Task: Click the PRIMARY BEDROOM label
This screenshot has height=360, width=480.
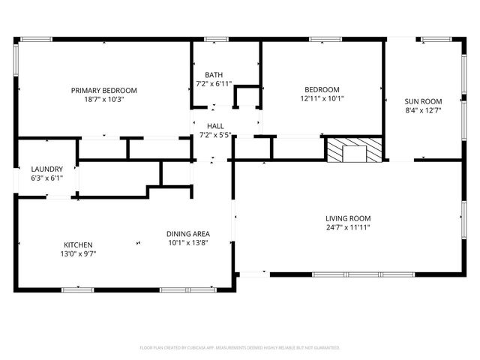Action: tap(103, 91)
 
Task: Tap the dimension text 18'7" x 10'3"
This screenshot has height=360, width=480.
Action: tap(103, 99)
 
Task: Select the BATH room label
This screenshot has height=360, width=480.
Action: tap(214, 75)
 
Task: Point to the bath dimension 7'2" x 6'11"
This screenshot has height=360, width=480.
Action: tap(214, 84)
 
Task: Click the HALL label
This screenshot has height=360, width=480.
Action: tap(215, 127)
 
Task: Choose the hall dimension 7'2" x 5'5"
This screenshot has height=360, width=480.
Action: tap(215, 136)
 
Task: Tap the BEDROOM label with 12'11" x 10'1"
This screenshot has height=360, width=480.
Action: tap(322, 89)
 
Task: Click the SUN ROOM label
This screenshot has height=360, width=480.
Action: tap(423, 101)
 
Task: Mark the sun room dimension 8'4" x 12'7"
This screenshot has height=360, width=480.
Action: tap(423, 110)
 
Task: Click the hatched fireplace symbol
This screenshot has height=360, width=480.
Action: tap(354, 148)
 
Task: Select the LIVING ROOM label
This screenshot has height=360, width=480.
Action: tap(348, 218)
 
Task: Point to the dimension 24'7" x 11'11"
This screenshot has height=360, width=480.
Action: tap(348, 227)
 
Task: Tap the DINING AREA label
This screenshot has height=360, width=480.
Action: tap(187, 234)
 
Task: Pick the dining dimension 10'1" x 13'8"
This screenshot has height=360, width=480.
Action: tap(187, 243)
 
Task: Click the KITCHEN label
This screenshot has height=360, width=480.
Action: tap(78, 245)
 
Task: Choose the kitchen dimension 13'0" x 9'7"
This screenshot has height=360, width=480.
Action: tap(78, 254)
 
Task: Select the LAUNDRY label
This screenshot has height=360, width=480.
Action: tap(46, 169)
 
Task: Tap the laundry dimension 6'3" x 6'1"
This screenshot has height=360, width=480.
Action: tap(46, 178)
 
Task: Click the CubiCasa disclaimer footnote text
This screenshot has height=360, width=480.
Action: tap(240, 348)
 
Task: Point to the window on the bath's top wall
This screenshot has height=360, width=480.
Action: tap(216, 39)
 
